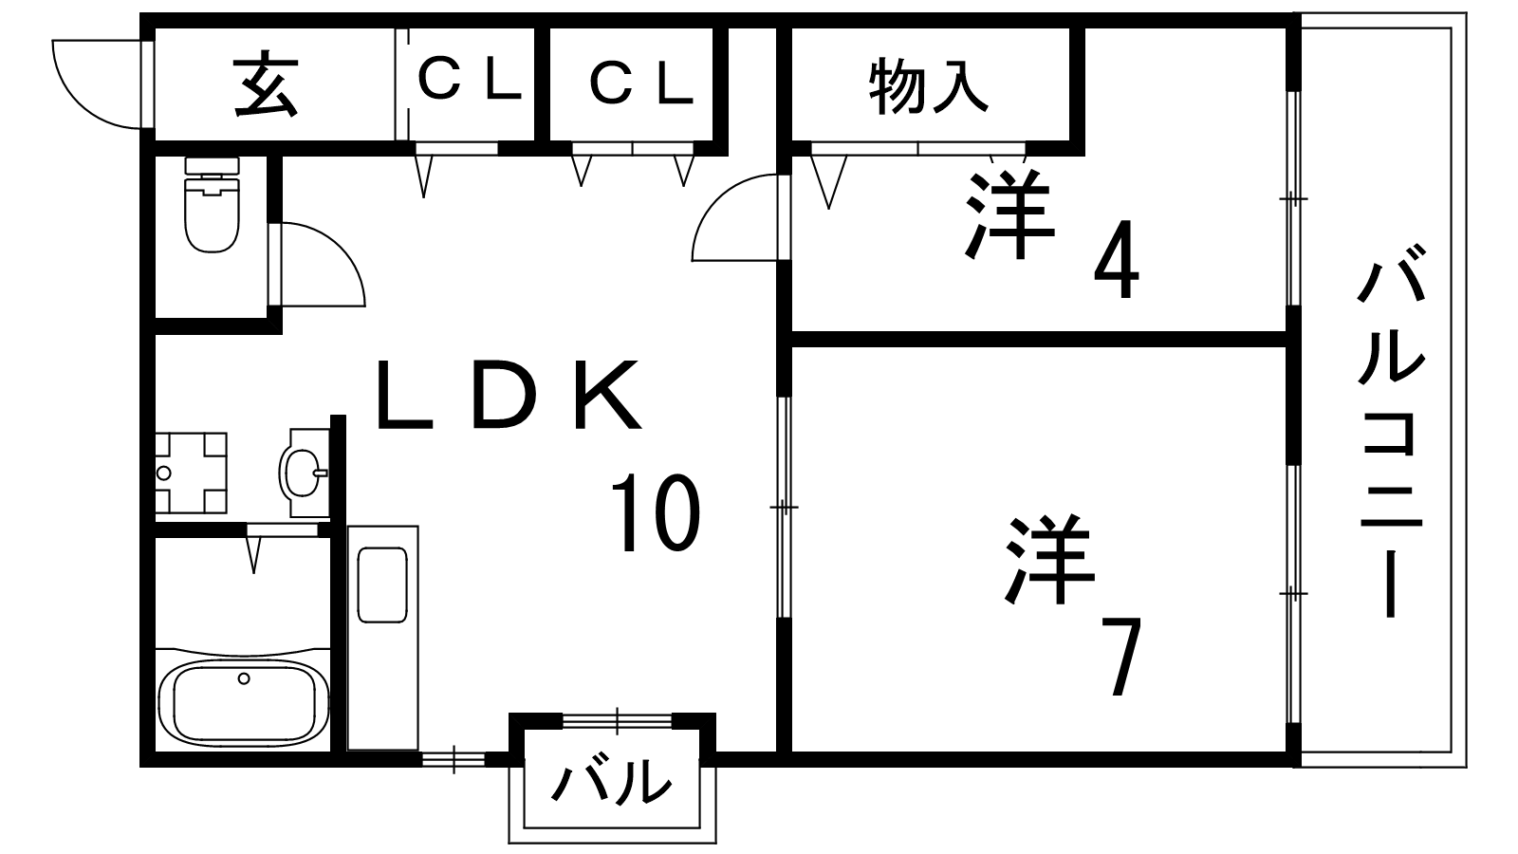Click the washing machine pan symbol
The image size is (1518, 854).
(x=191, y=472)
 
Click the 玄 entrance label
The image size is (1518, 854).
(x=266, y=85)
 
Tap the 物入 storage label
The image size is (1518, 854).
(x=929, y=85)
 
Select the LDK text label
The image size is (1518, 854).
(x=508, y=397)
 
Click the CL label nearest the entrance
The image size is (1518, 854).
(x=470, y=83)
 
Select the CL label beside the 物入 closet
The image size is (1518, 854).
(x=642, y=84)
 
